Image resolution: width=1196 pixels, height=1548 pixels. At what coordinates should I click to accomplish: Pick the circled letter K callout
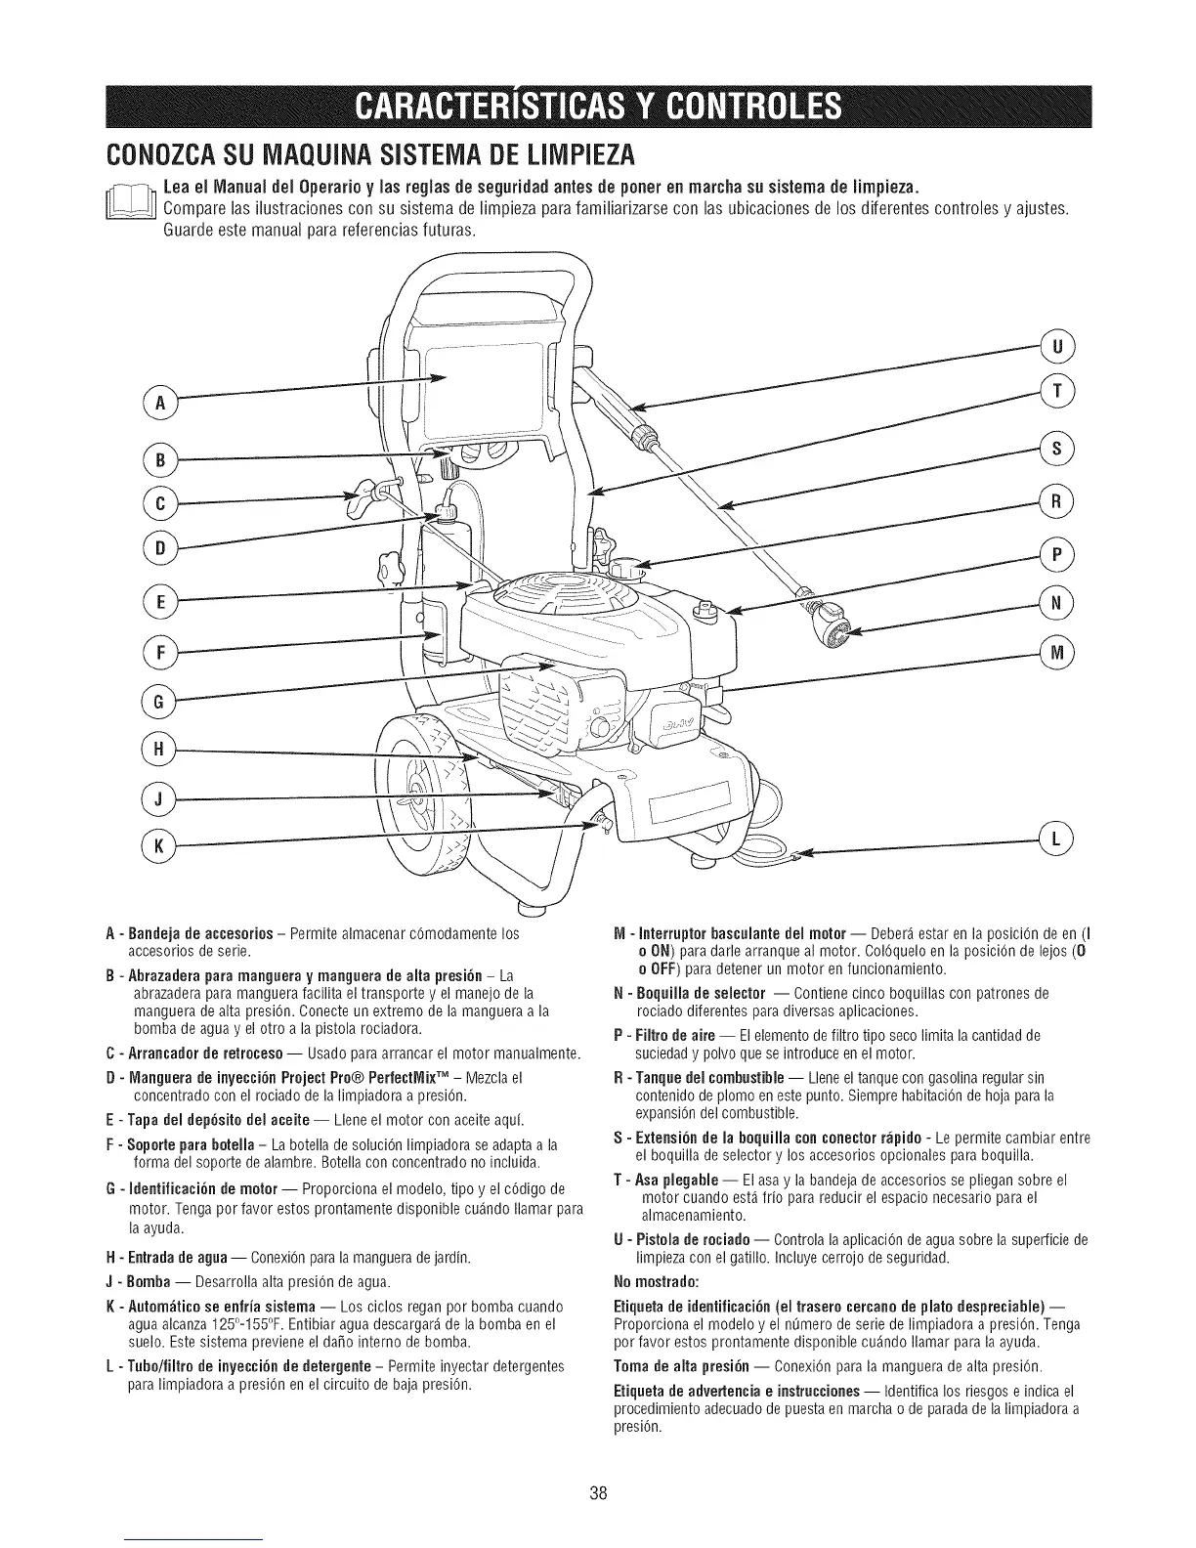coord(154,845)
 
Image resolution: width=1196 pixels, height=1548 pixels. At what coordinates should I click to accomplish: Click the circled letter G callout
coord(154,700)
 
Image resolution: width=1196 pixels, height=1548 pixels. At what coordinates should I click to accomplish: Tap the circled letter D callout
coord(154,548)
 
